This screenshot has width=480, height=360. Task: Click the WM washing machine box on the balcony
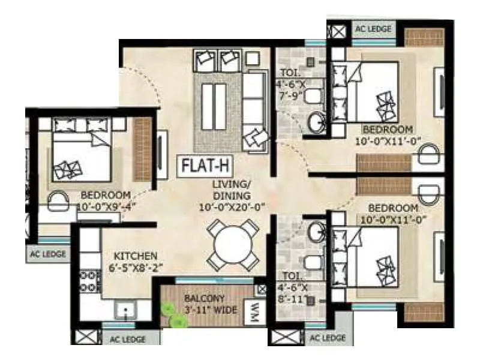tap(254, 311)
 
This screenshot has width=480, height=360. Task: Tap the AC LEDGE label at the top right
tap(373, 29)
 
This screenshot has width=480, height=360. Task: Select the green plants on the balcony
tap(173, 316)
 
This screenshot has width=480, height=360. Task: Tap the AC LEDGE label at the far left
tap(46, 253)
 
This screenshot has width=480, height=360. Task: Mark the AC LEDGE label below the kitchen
tap(127, 340)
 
